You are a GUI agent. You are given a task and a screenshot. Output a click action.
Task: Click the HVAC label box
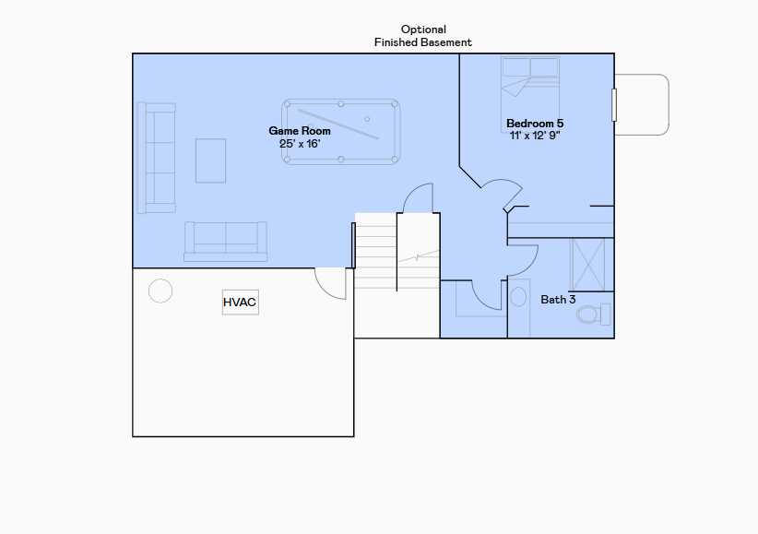pos(240,302)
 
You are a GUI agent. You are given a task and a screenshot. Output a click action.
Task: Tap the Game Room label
pos(300,131)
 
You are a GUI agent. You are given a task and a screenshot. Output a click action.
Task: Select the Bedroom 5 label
pos(535,124)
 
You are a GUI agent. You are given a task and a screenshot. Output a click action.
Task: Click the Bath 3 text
pos(558,300)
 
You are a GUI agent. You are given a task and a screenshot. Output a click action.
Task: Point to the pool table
pos(341,132)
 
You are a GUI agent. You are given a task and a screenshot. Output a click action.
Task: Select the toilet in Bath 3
pos(591,314)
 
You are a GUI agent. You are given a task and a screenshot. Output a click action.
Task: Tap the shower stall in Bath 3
pos(587,265)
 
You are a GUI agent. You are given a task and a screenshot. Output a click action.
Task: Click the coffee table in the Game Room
pos(210,160)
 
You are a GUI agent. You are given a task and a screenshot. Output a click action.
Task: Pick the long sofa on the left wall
pos(156,158)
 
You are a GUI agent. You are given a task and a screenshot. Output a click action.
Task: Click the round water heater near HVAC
pos(160,291)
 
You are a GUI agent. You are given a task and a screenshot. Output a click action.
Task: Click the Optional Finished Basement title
pos(423,36)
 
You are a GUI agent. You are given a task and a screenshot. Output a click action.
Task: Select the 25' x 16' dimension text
pos(300,144)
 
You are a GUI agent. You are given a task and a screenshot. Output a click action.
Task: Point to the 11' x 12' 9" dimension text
pos(535,136)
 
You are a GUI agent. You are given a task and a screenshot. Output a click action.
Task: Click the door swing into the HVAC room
pos(330,282)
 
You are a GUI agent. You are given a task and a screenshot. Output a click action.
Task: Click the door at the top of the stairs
pos(419,197)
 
